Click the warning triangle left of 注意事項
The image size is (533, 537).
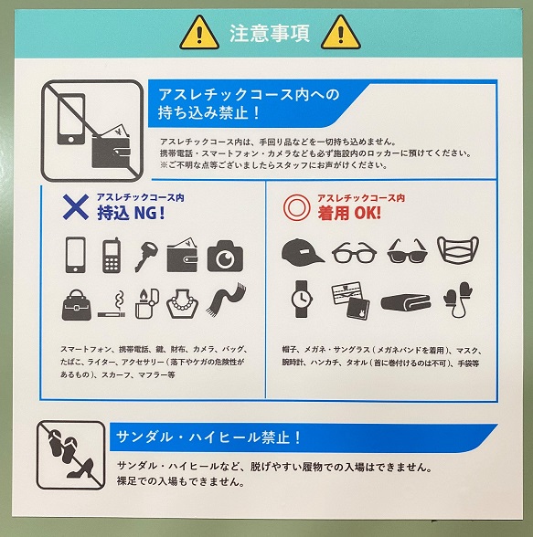point(200,34)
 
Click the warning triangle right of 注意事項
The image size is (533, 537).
point(341,34)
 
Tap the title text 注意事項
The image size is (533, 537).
point(270,35)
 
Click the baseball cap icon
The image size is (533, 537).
point(302,251)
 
